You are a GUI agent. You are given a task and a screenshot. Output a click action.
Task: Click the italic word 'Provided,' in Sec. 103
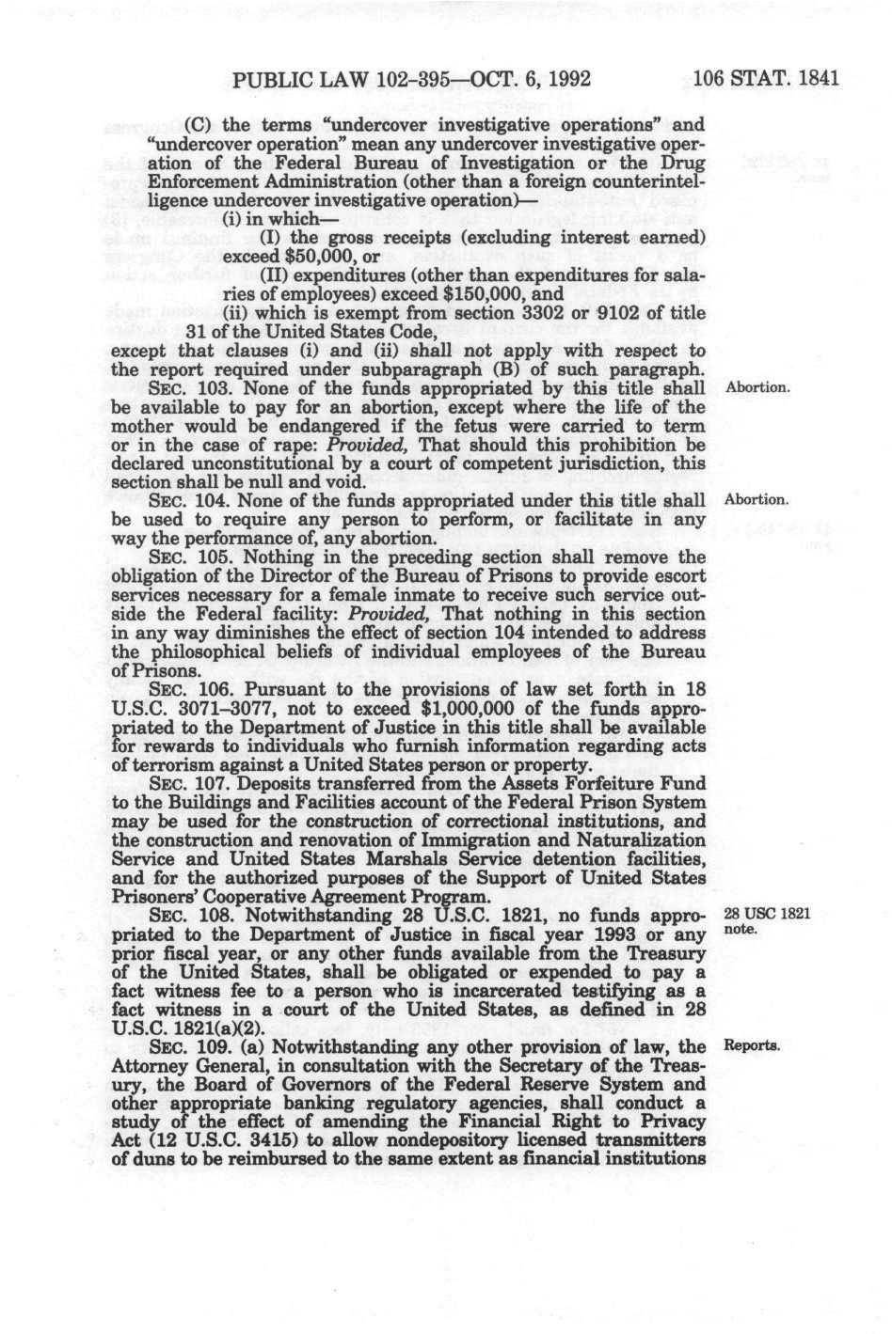pos(381,446)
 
